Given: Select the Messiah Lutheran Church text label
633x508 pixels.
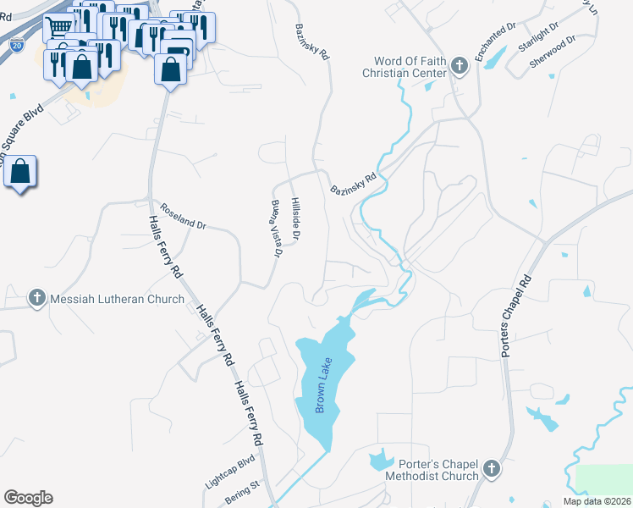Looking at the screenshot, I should (118, 299).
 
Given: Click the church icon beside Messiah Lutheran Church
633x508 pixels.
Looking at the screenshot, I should (36, 298).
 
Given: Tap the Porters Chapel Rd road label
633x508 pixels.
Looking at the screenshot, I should (516, 315).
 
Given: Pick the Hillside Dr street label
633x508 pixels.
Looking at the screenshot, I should (294, 218).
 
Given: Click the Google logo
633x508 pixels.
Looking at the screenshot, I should (28, 498).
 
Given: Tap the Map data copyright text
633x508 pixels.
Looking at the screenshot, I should (597, 500).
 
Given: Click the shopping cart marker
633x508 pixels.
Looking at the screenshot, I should (58, 27).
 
